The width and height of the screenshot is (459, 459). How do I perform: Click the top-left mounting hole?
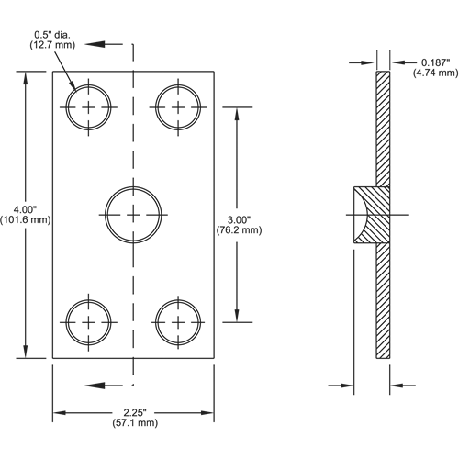pyautogui.click(x=88, y=107)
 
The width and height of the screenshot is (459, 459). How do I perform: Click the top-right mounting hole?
pyautogui.click(x=177, y=107)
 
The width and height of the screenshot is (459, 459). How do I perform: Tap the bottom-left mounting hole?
pyautogui.click(x=88, y=322)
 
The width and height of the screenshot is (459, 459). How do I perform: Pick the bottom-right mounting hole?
pyautogui.click(x=177, y=322)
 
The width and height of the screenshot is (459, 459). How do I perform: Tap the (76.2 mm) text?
pyautogui.click(x=240, y=230)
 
